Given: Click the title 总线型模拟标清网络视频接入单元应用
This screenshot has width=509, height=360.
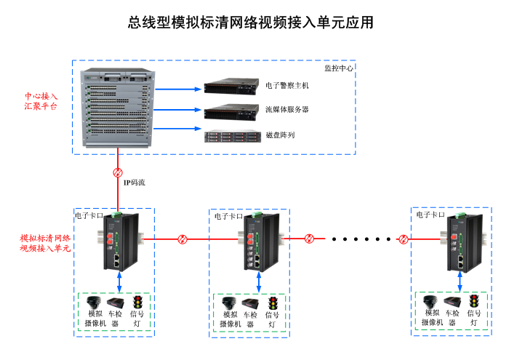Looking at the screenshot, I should pyautogui.click(x=251, y=23).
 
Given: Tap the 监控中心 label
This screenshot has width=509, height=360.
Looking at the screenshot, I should pyautogui.click(x=338, y=68).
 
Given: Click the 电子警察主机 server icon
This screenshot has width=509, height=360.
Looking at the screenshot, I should pyautogui.click(x=231, y=87).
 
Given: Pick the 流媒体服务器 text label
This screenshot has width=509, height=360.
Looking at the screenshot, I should pyautogui.click(x=286, y=110).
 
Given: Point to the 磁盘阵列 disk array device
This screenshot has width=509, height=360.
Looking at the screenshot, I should pyautogui.click(x=231, y=135).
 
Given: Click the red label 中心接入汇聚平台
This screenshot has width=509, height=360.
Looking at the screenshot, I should pyautogui.click(x=41, y=101).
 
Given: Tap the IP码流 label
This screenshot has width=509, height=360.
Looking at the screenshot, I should pyautogui.click(x=134, y=183).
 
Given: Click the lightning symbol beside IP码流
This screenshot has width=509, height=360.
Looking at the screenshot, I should pyautogui.click(x=118, y=173).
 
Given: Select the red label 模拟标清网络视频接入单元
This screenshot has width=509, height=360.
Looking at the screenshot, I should pyautogui.click(x=45, y=243).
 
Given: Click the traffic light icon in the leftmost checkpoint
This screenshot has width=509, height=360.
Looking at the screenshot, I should pyautogui.click(x=136, y=302).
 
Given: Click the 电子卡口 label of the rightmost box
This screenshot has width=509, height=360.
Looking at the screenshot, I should pyautogui.click(x=430, y=215).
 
